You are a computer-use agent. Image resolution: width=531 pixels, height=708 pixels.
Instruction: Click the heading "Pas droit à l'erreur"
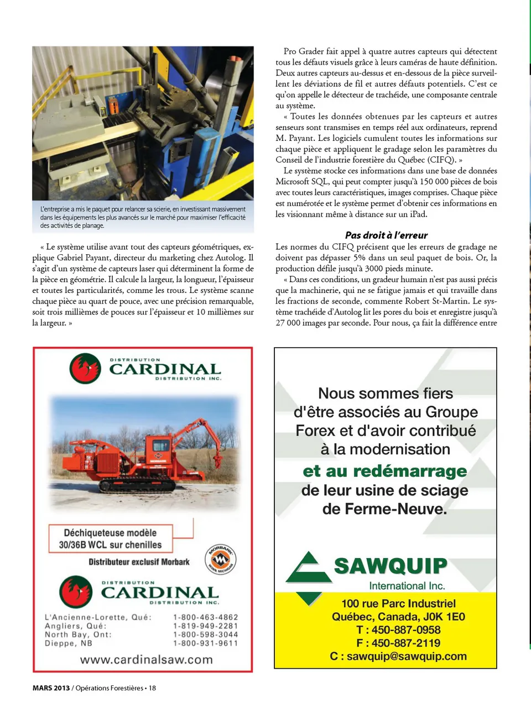[386, 235]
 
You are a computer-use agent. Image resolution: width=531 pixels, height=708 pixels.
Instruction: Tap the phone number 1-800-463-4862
[206, 617]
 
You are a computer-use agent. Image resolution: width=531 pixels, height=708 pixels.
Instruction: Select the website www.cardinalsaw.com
[146, 659]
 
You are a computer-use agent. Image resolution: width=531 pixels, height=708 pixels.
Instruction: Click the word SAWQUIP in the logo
[391, 566]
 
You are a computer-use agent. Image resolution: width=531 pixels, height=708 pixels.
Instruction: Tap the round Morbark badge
[221, 559]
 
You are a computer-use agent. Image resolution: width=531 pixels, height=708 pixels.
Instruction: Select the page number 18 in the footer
[152, 688]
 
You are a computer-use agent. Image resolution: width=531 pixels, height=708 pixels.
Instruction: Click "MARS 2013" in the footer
[51, 688]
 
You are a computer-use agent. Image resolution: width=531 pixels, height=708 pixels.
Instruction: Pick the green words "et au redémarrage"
[385, 471]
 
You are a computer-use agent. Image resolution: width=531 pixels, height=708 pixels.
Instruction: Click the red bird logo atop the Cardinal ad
[85, 368]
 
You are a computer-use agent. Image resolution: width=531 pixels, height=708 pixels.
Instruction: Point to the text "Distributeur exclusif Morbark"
[139, 562]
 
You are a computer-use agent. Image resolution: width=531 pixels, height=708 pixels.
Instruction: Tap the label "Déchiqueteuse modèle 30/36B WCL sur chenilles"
[110, 539]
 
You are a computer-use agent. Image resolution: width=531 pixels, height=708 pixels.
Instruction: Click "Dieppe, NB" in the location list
[68, 643]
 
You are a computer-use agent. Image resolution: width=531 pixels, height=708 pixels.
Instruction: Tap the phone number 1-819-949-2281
[206, 626]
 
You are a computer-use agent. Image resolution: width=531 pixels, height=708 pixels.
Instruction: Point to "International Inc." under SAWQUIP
[407, 585]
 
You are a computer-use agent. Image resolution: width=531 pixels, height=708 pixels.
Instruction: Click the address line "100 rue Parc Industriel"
[398, 604]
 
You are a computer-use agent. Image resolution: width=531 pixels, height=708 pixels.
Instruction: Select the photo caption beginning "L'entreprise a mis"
[143, 217]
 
